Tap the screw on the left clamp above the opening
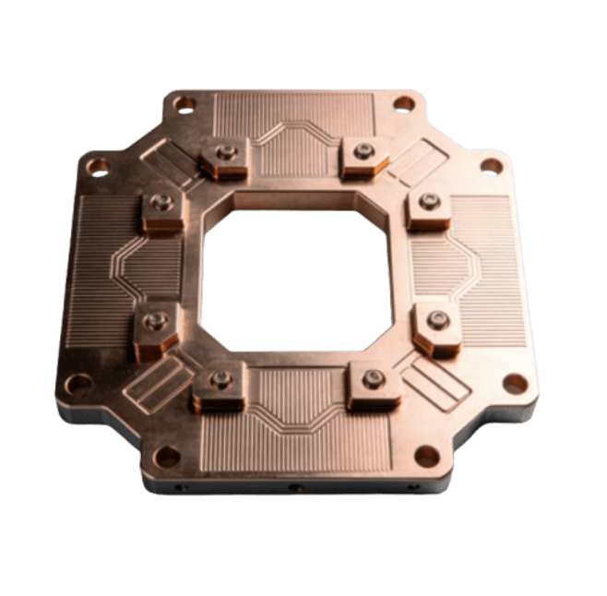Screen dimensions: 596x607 click(222, 151)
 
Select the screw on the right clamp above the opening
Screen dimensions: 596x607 click(365, 149)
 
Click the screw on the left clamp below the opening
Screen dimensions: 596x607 click(220, 378)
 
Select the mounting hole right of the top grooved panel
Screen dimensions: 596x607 click(404, 103)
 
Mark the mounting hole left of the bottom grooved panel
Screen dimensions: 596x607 click(167, 455)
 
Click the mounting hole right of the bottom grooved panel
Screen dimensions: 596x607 click(426, 456)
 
